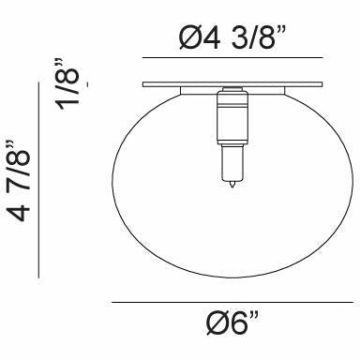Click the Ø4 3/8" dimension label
[x=232, y=37]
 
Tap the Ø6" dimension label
[x=232, y=323]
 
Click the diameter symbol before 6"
[x=217, y=323]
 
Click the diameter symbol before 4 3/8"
[x=191, y=38]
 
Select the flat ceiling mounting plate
[x=232, y=84]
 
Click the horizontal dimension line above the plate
[x=232, y=58]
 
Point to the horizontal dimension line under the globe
[x=232, y=302]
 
